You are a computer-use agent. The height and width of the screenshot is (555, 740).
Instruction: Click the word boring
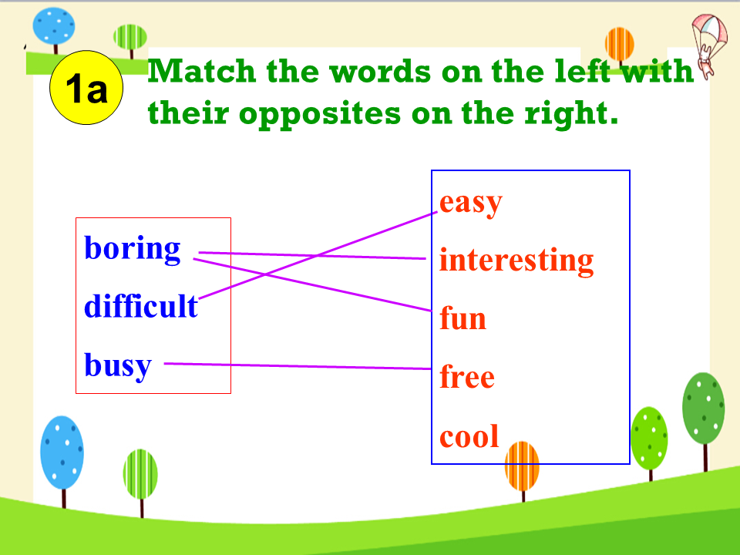click(x=132, y=249)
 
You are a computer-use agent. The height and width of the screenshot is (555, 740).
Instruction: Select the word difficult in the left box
click(x=140, y=306)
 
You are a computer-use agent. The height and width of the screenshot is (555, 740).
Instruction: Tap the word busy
click(x=118, y=365)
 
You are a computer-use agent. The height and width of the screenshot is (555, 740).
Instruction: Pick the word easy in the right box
click(x=470, y=203)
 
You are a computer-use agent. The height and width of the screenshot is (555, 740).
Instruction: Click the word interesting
click(x=516, y=260)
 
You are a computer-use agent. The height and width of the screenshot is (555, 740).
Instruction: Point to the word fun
click(x=462, y=318)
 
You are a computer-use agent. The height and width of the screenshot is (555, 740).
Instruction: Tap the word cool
click(x=469, y=436)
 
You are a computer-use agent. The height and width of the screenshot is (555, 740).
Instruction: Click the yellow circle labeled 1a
click(x=86, y=88)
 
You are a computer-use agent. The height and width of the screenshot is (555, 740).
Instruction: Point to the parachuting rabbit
click(x=708, y=45)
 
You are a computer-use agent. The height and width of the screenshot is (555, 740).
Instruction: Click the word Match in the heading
click(x=201, y=72)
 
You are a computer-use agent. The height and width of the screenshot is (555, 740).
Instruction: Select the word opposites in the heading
click(x=319, y=115)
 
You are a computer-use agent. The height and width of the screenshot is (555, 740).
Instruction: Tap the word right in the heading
click(x=571, y=114)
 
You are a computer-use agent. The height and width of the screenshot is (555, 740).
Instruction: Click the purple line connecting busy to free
click(x=298, y=365)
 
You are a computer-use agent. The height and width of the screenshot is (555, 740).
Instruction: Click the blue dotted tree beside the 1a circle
click(x=54, y=29)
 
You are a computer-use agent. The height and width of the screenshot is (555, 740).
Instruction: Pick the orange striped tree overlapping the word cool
click(x=522, y=470)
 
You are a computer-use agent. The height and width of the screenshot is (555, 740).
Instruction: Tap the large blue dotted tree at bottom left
click(x=62, y=460)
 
